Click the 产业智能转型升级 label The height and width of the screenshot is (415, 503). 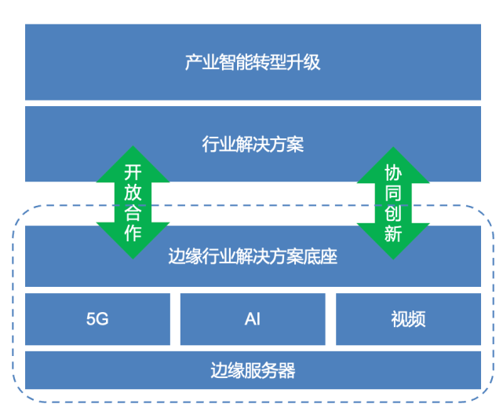(x=253, y=62)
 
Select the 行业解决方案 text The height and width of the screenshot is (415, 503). (x=253, y=145)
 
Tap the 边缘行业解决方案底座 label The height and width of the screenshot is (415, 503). (x=253, y=256)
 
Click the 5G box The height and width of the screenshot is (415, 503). (x=97, y=319)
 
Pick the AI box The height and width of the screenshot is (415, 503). (x=253, y=319)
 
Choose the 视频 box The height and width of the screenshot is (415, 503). (x=408, y=319)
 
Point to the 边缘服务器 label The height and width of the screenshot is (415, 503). (x=253, y=370)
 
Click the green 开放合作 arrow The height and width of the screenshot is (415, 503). (x=133, y=202)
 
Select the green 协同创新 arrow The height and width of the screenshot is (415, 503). (x=393, y=202)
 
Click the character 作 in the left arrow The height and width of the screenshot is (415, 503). (x=133, y=233)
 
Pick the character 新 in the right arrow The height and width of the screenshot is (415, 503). (x=393, y=233)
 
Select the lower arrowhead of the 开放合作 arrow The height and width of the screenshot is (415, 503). (x=133, y=248)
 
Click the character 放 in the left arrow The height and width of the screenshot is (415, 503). (x=133, y=193)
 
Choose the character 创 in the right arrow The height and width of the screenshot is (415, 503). (x=393, y=213)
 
